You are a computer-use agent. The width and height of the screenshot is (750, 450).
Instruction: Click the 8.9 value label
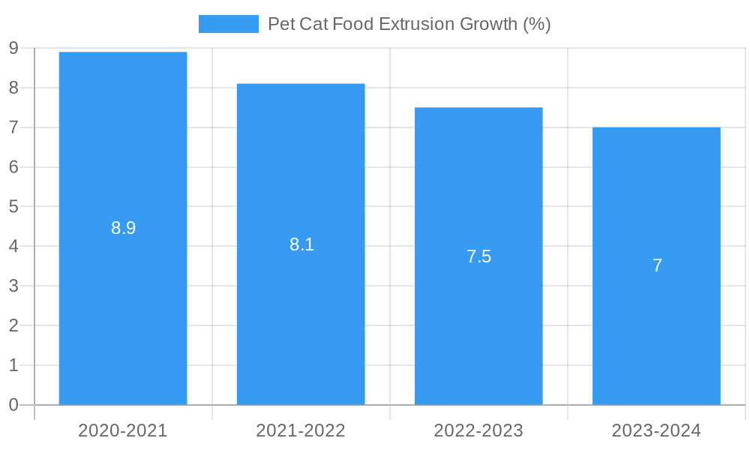[123, 229]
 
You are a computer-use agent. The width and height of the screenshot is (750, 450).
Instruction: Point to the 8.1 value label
[301, 244]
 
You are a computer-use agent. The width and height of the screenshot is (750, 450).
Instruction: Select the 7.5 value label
[478, 256]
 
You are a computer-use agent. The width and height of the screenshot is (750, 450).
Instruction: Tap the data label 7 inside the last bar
[657, 266]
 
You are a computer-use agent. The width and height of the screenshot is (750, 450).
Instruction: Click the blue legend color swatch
[228, 24]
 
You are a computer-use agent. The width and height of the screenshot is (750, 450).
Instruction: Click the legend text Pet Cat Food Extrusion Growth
[409, 24]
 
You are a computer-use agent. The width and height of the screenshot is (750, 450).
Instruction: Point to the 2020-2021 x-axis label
[123, 430]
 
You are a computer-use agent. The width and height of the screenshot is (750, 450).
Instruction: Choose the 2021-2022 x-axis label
[301, 430]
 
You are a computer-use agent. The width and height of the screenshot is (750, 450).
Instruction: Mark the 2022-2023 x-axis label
[478, 430]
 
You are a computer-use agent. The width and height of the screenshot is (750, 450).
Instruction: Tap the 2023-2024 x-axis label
[656, 430]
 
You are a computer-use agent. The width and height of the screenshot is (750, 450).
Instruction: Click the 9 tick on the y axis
[13, 49]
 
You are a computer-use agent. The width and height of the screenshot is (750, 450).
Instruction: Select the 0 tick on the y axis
[13, 405]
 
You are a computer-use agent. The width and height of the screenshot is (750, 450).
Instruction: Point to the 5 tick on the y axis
[13, 207]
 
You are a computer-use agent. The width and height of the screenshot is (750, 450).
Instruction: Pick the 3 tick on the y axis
[13, 286]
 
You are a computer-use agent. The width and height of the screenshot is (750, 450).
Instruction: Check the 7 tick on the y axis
[13, 127]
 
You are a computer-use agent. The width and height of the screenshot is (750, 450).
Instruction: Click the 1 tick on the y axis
[13, 366]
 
